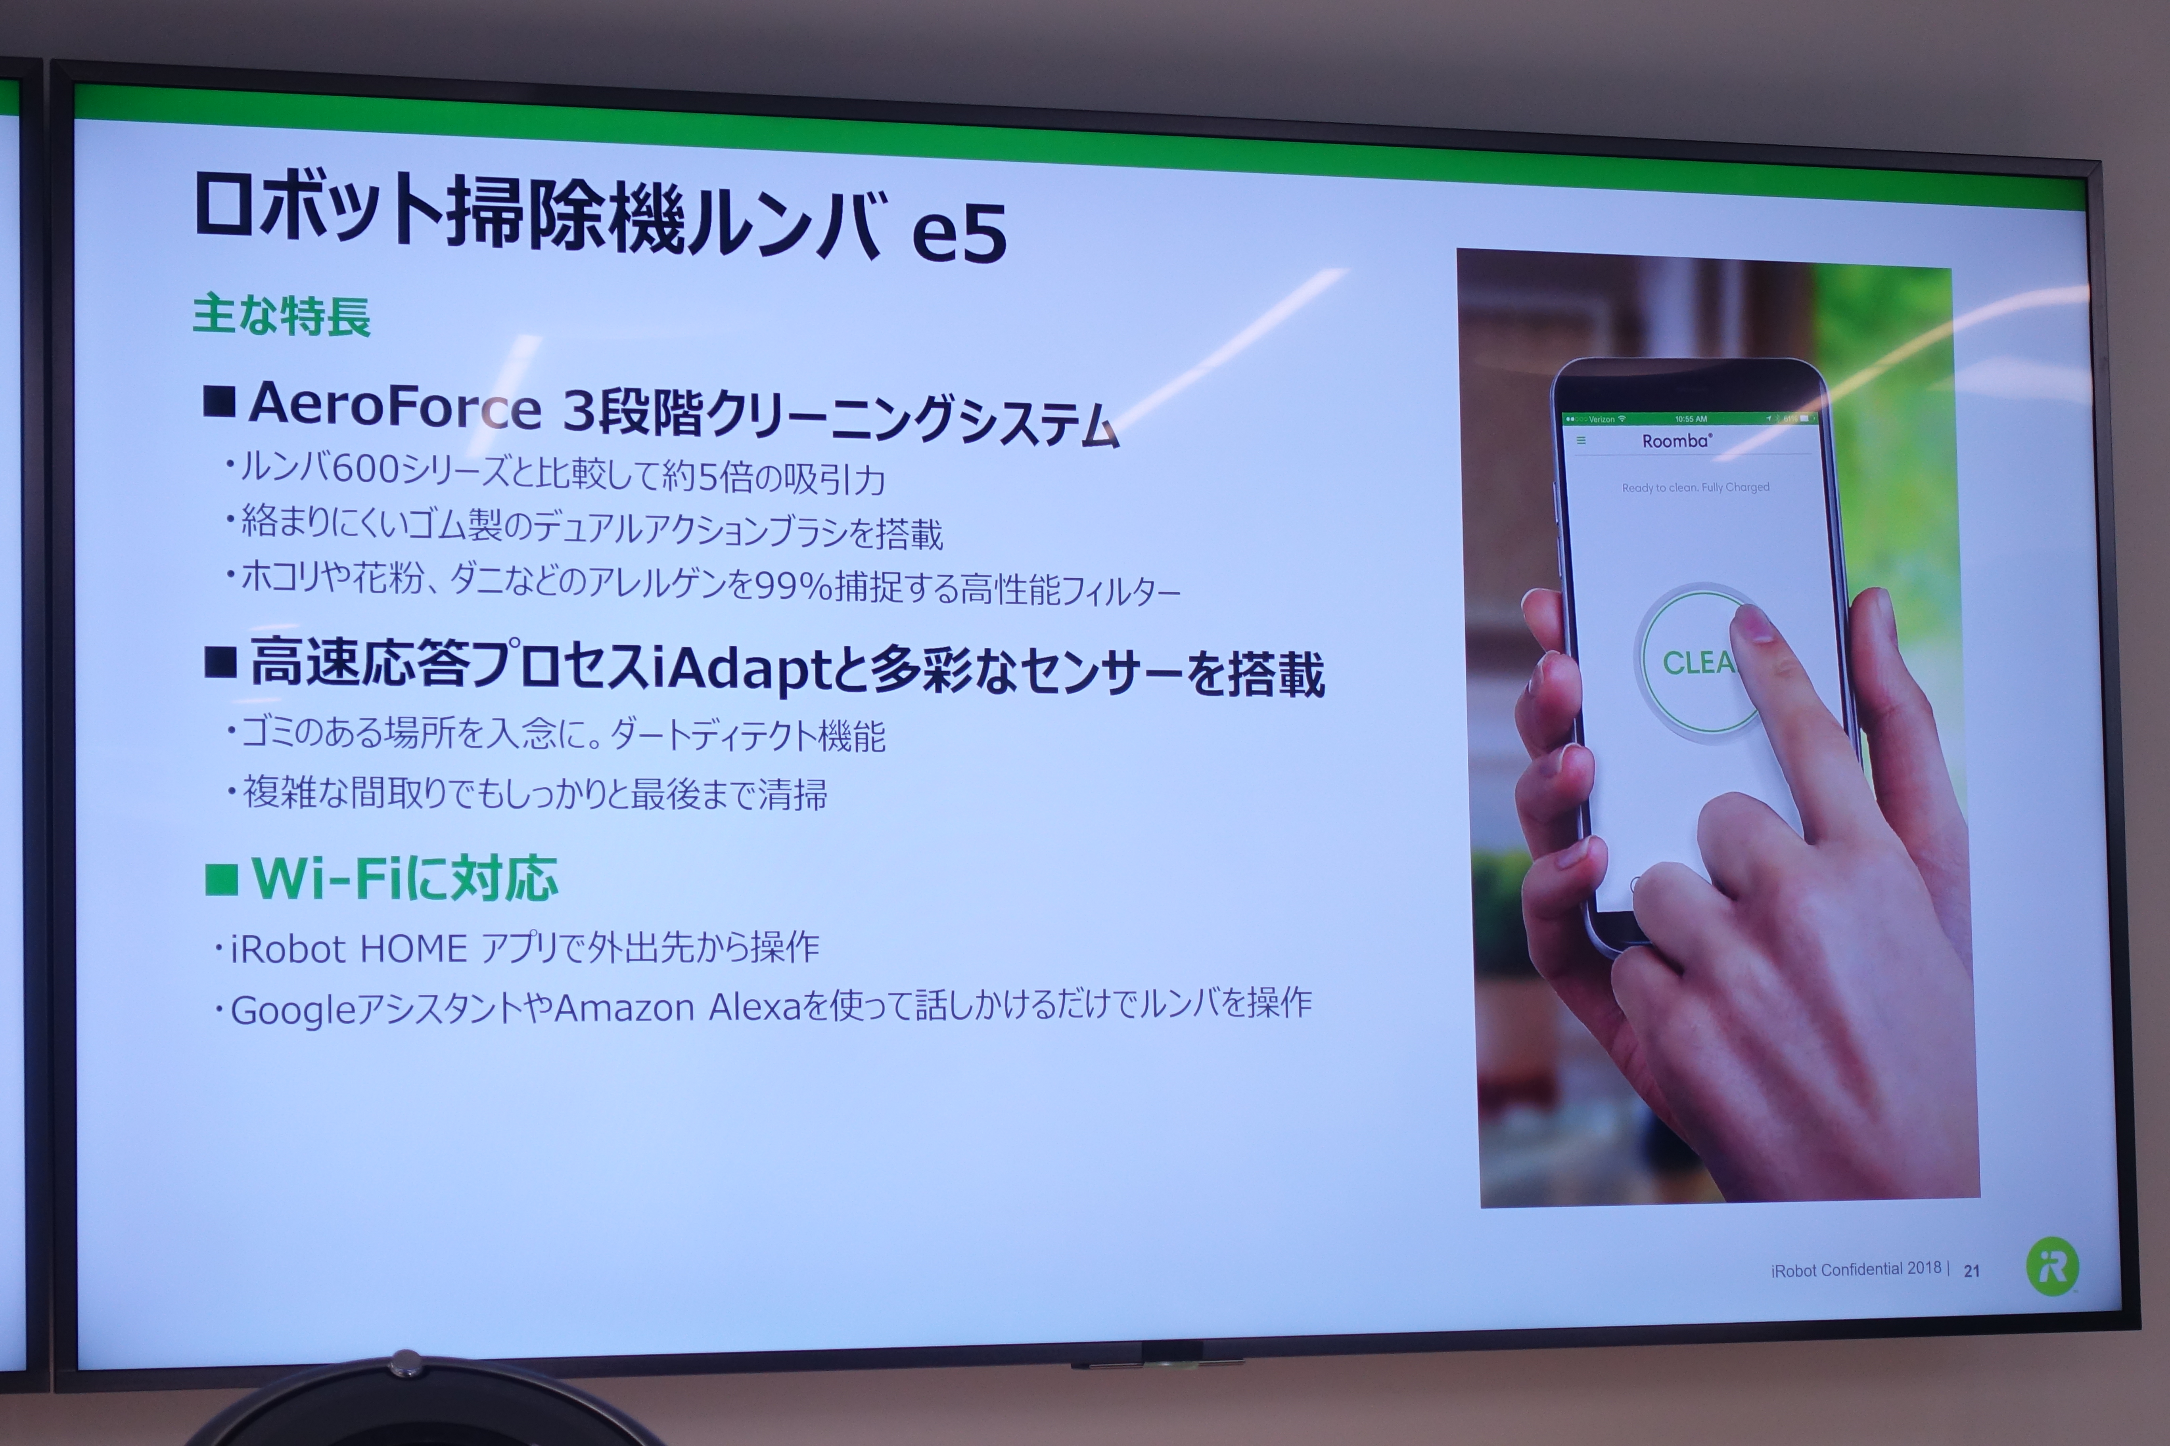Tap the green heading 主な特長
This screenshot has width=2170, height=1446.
point(282,316)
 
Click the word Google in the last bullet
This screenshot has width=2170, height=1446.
point(293,1011)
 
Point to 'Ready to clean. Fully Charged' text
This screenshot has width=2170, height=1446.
point(1696,487)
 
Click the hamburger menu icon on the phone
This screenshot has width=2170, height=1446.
point(1580,441)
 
